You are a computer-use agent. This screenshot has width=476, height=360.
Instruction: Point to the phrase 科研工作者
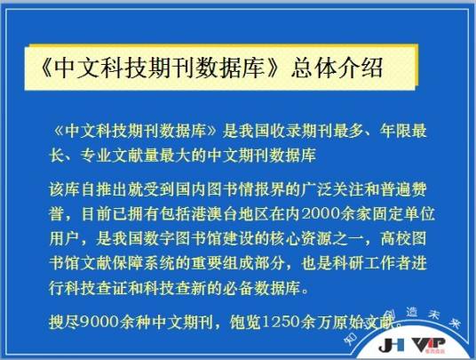point(377,263)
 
